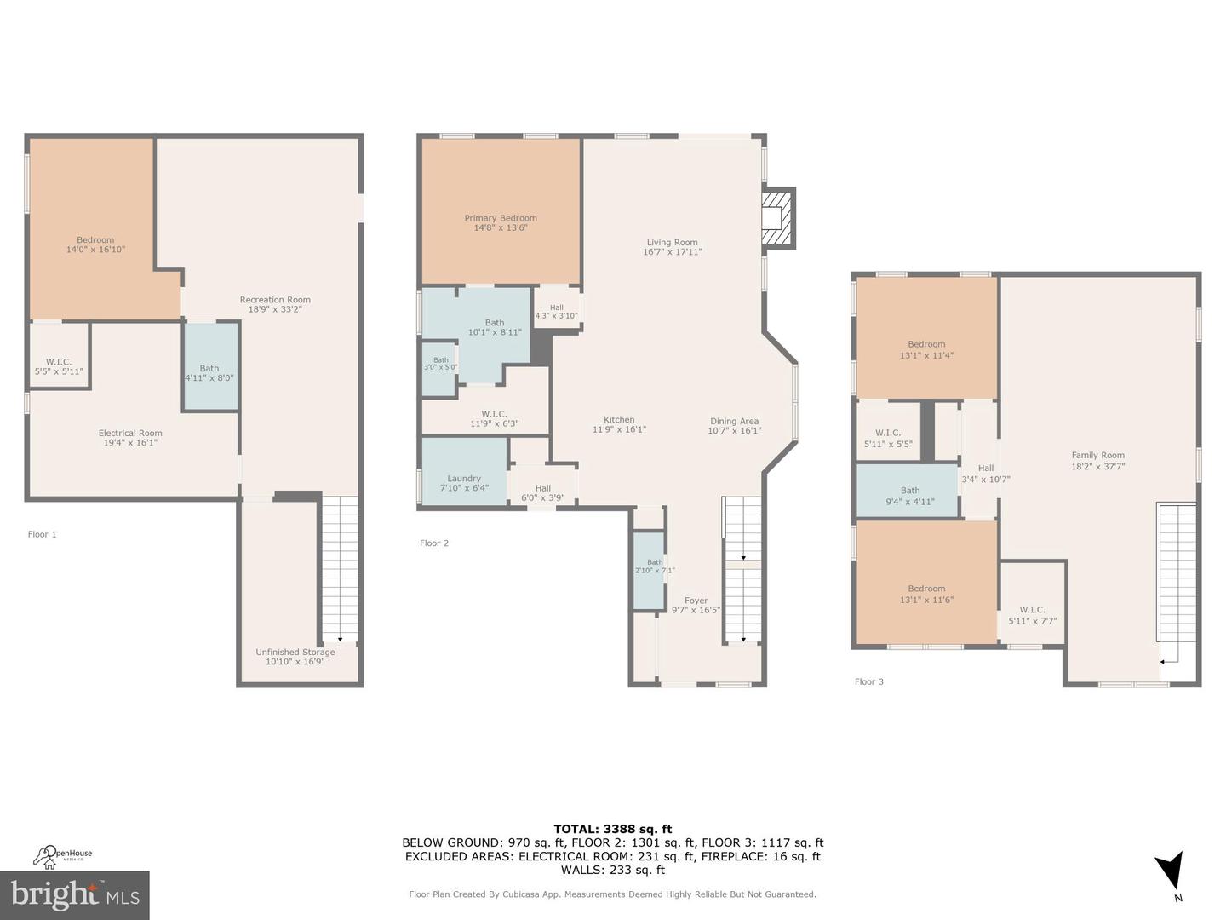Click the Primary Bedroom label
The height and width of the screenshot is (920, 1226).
click(x=501, y=218)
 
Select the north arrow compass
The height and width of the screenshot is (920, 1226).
click(x=1170, y=873)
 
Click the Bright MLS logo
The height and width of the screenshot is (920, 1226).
click(x=75, y=894)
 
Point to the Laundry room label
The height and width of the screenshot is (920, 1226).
click(x=464, y=479)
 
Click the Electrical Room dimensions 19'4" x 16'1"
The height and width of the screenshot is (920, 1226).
click(x=130, y=443)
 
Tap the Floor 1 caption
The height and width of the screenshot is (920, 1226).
click(x=42, y=534)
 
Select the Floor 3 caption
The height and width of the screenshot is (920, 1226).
click(x=868, y=681)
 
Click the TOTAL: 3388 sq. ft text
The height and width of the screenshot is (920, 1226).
click(x=612, y=829)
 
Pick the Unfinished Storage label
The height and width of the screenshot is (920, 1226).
click(x=295, y=652)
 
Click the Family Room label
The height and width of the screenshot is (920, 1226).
click(x=1097, y=455)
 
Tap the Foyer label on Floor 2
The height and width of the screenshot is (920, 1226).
click(x=696, y=601)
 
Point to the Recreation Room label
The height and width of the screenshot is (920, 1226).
click(x=275, y=299)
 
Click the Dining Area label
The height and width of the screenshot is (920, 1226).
click(x=734, y=421)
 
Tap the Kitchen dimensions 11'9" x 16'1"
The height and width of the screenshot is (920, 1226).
click(x=619, y=430)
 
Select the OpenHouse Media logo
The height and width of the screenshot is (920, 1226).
click(x=63, y=854)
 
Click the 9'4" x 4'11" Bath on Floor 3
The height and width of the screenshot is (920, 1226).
click(x=910, y=496)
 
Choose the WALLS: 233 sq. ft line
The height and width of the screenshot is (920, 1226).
click(x=612, y=870)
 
